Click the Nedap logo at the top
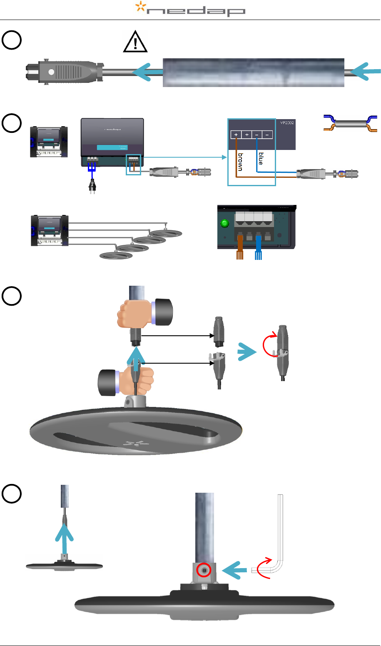pyautogui.click(x=191, y=9)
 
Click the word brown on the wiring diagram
pyautogui.click(x=240, y=162)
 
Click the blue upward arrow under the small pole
pyautogui.click(x=65, y=539)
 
